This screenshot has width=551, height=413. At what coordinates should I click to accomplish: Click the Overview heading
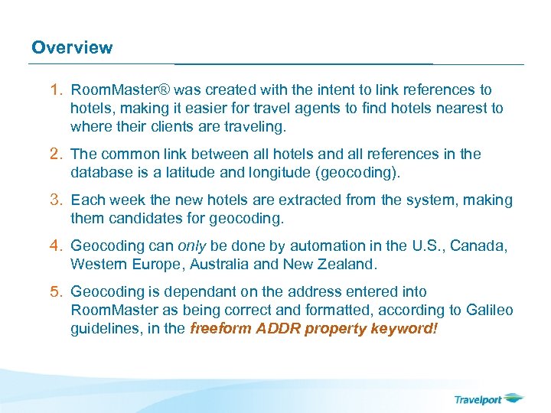click(x=72, y=47)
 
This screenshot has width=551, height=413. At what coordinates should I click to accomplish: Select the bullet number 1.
click(x=56, y=90)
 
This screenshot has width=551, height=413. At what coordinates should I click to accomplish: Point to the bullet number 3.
click(x=56, y=200)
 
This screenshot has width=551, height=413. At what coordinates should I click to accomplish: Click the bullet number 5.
click(x=56, y=292)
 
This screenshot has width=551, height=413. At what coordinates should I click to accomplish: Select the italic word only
click(x=192, y=246)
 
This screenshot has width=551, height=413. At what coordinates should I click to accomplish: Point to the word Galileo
click(x=488, y=310)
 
